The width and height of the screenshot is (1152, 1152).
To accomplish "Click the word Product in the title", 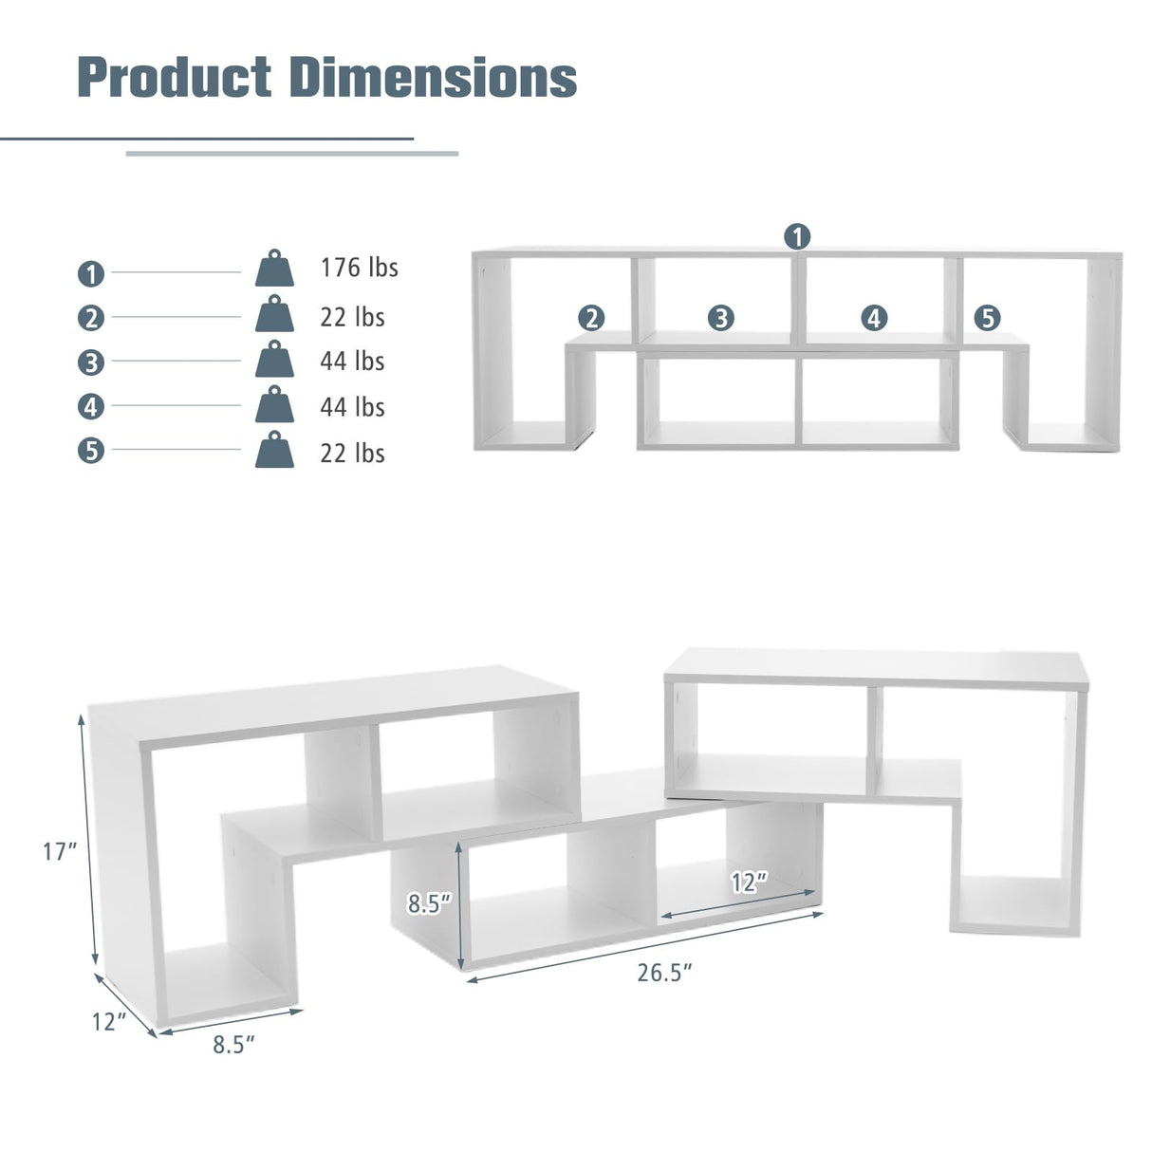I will (174, 77).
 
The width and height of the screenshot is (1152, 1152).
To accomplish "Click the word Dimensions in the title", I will (433, 77).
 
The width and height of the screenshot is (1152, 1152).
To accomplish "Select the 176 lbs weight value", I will (359, 268).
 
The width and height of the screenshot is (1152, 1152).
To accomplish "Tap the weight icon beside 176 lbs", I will (274, 269).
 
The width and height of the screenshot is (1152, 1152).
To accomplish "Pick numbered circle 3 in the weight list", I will (90, 362).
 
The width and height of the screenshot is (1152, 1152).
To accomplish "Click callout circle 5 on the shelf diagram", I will (987, 317).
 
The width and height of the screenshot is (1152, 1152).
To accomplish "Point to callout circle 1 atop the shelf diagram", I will (797, 235).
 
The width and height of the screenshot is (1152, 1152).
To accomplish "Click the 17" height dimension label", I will (60, 852).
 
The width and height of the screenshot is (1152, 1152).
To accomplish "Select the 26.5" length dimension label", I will (664, 973).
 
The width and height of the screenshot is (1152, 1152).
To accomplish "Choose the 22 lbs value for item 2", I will (352, 317).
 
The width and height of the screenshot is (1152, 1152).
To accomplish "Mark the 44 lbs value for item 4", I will (352, 407).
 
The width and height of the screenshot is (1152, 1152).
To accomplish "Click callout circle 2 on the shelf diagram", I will (591, 317).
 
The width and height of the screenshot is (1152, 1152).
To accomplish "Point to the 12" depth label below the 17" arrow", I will (109, 1022).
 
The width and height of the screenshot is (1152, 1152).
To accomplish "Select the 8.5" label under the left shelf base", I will (234, 1045).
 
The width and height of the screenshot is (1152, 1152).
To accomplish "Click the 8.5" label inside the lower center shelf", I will (430, 904).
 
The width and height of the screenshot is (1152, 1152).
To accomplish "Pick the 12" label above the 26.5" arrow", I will (749, 883).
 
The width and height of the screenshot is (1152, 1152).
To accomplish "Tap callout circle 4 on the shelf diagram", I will (874, 317).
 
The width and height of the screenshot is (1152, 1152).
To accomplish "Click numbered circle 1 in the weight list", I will (90, 274).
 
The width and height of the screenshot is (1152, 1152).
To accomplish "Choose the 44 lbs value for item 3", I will (352, 362).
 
